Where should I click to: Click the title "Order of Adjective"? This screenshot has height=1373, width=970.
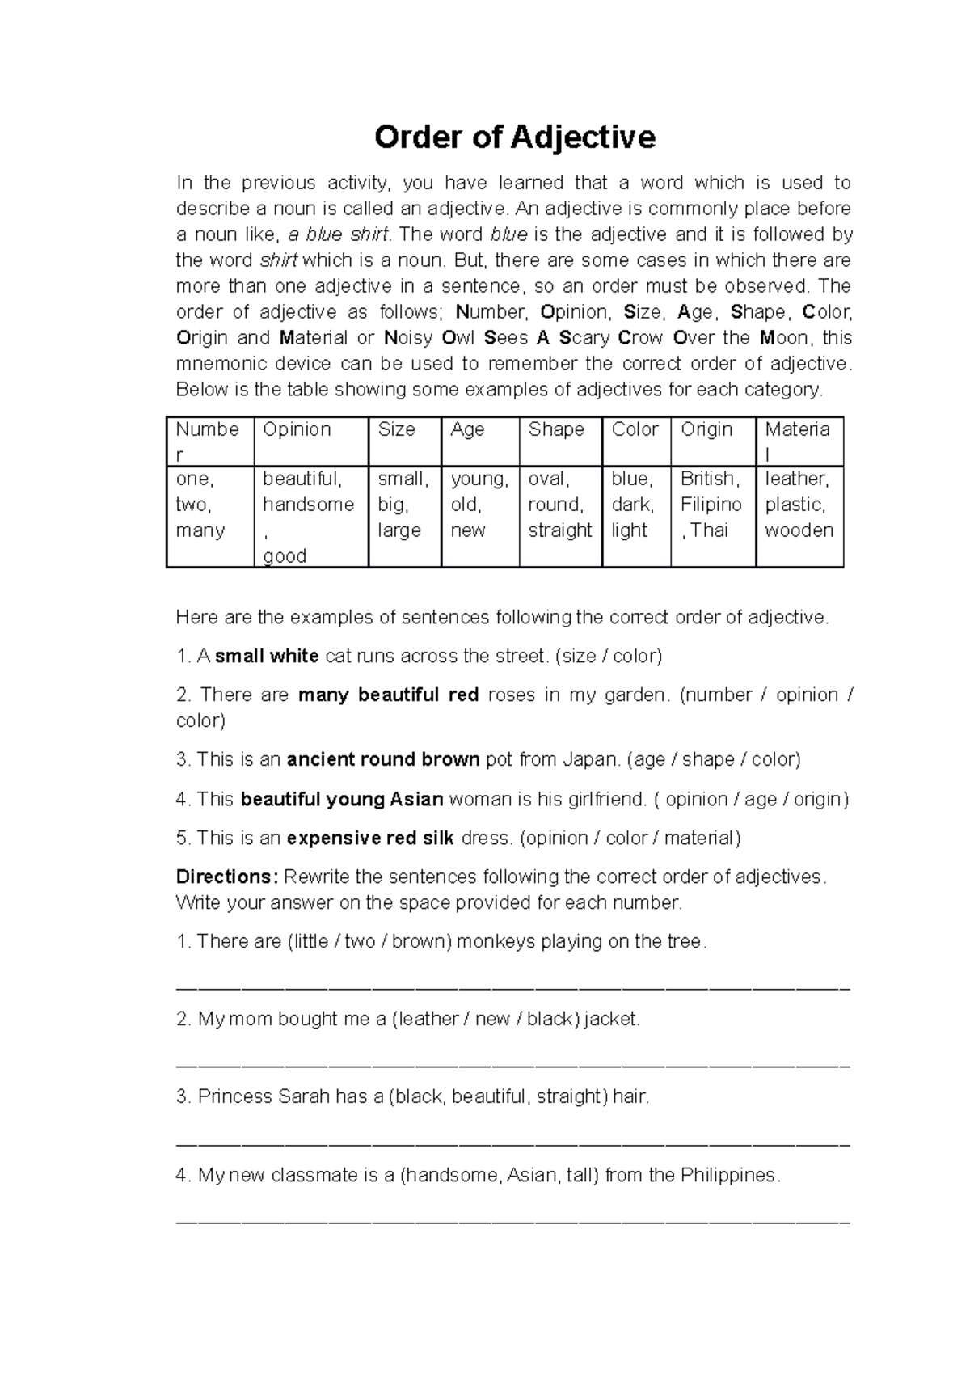click(514, 137)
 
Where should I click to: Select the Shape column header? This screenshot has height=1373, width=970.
click(556, 429)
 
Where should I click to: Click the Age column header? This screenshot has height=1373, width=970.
click(467, 429)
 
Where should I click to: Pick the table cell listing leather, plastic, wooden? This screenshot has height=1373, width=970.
click(799, 505)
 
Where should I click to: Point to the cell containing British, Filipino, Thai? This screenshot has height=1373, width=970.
click(711, 505)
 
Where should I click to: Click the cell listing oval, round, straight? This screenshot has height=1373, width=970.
click(559, 505)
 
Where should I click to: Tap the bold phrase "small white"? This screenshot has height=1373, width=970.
click(267, 656)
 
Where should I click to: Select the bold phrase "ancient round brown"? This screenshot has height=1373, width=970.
click(383, 760)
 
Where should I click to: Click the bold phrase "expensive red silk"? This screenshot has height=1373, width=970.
click(370, 838)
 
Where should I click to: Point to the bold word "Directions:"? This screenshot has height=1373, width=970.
click(227, 877)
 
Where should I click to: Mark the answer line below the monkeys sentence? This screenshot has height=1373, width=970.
click(512, 988)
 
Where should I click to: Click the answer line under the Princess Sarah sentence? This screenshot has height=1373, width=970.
click(512, 1144)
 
